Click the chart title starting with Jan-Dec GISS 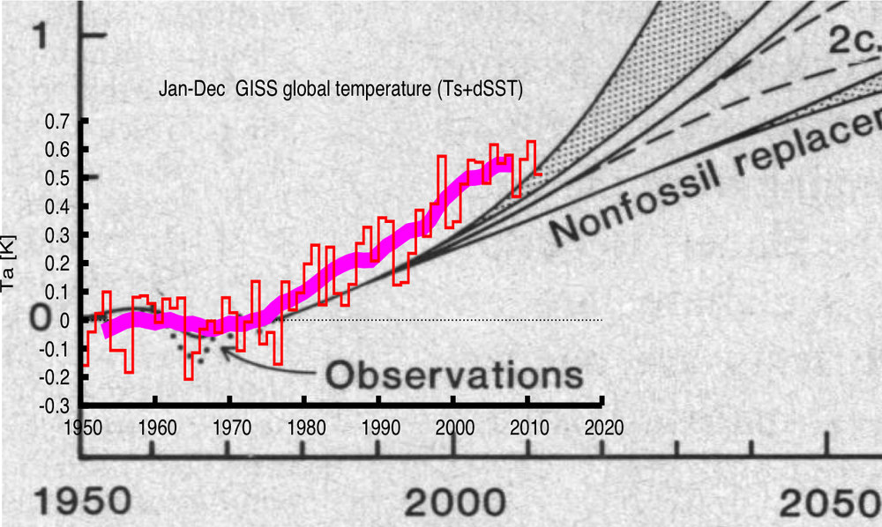[340, 91]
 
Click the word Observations [453, 375]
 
